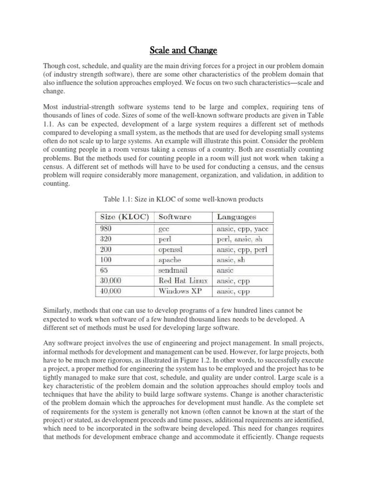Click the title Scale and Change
click(183, 50)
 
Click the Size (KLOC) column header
click(124, 217)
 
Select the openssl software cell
click(170, 249)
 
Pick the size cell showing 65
click(104, 270)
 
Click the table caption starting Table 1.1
click(183, 199)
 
